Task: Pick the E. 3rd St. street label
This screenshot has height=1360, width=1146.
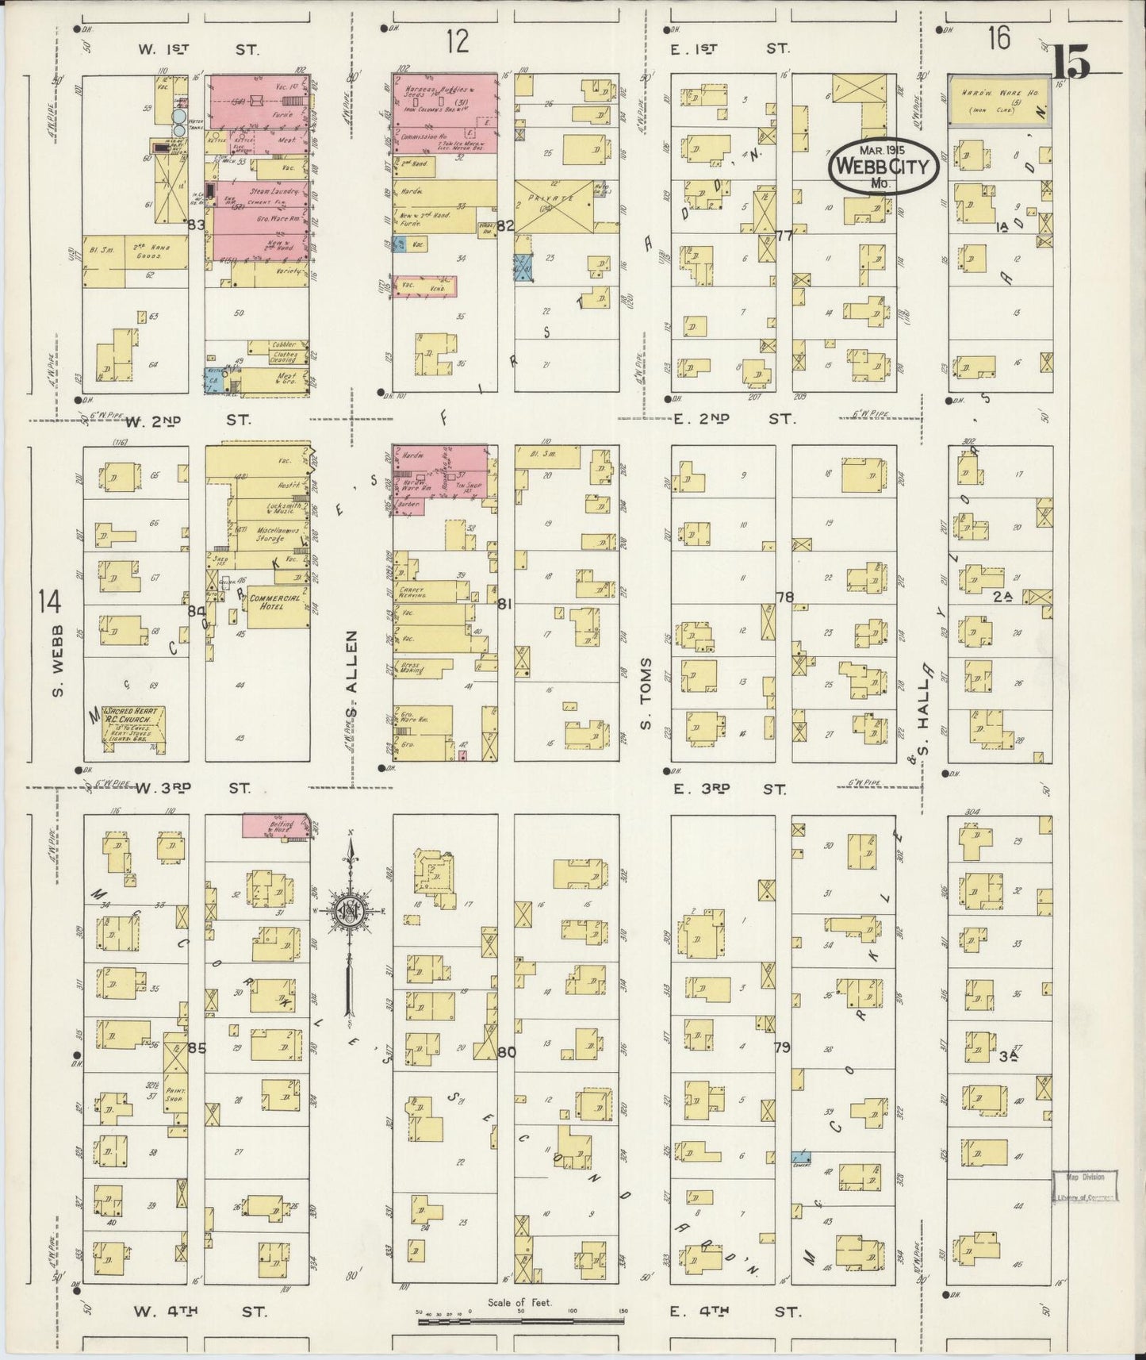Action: tap(730, 789)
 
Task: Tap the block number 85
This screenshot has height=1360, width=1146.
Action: tap(196, 1047)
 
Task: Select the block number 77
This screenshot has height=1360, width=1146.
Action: tap(784, 235)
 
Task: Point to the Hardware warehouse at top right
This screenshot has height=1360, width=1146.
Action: tap(999, 101)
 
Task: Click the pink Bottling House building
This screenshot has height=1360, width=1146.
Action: tap(275, 824)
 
